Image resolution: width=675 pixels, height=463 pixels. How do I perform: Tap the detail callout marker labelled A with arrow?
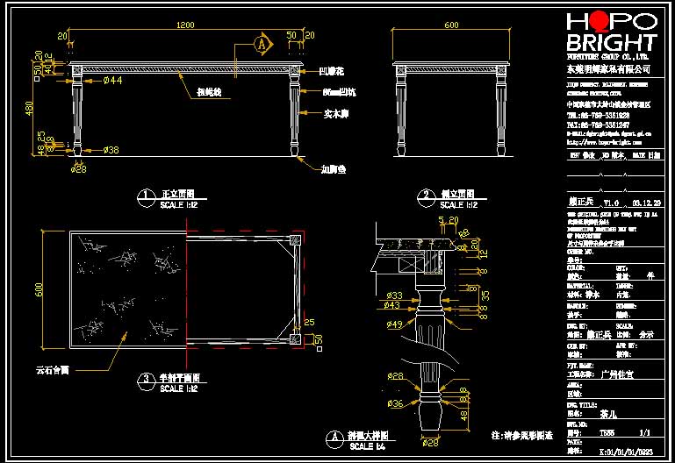tap(261, 42)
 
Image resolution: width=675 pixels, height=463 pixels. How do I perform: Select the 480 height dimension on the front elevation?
tap(29, 108)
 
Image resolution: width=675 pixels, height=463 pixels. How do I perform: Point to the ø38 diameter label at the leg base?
tap(111, 150)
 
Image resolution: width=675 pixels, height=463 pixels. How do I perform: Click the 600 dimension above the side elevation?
tap(451, 25)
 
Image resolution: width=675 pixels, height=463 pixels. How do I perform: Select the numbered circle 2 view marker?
tap(426, 196)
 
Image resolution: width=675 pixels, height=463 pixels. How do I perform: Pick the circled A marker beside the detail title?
tap(333, 437)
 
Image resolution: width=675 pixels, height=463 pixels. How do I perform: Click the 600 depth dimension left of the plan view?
tap(39, 288)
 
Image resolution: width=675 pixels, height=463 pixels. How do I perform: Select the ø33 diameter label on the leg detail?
tap(395, 296)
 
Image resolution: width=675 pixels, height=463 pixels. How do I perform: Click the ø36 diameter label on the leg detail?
tap(396, 404)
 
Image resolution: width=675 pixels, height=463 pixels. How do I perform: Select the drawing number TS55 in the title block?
tap(606, 432)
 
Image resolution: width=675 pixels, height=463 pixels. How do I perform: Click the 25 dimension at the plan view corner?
tap(308, 324)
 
